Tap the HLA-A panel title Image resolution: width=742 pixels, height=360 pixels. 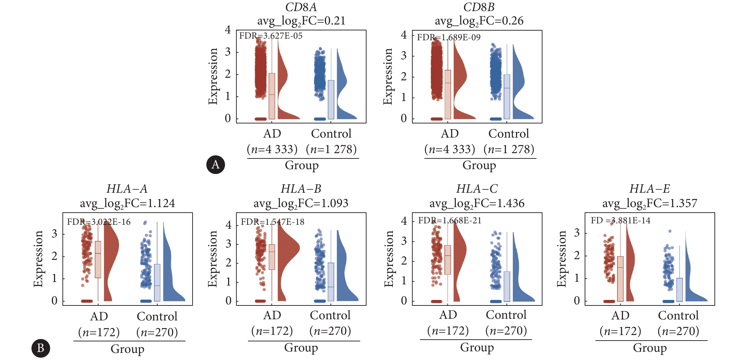[x=127, y=189]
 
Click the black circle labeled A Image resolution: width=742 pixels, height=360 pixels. [x=216, y=165]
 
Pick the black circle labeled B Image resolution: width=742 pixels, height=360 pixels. [x=41, y=348]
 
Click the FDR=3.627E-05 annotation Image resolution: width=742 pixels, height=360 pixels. [x=271, y=36]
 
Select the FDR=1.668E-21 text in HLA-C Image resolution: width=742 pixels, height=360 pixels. [x=450, y=221]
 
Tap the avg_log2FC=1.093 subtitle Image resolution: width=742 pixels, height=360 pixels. [x=301, y=204]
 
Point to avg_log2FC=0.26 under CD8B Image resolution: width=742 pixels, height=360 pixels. [x=479, y=21]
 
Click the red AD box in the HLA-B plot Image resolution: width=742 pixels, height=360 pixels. [x=272, y=257]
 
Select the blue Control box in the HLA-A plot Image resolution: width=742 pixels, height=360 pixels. [x=157, y=282]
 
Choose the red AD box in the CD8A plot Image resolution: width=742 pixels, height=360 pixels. [x=272, y=96]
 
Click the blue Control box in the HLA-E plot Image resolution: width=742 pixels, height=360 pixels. [x=680, y=290]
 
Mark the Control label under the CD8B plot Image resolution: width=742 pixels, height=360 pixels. [x=509, y=134]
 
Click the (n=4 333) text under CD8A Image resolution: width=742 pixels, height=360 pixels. [x=272, y=149]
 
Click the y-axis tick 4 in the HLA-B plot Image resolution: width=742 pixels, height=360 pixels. [x=228, y=225]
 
